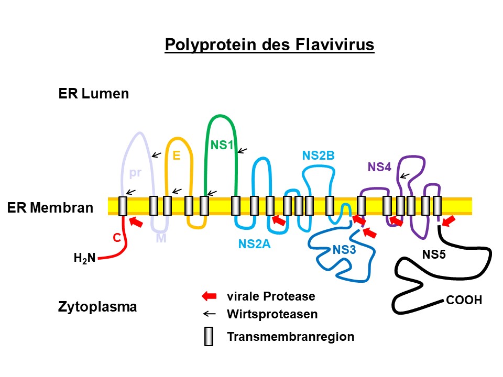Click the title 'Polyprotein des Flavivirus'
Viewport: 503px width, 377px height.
tap(270, 45)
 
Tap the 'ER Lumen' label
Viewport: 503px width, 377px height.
tap(94, 94)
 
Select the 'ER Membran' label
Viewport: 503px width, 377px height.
tap(50, 208)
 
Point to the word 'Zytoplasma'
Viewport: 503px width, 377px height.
tap(97, 306)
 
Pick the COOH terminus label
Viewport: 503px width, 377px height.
tap(464, 301)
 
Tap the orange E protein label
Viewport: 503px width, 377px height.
tap(177, 156)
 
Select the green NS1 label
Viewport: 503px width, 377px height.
tap(222, 145)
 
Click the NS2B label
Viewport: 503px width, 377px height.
tap(318, 156)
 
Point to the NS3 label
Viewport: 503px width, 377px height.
tap(344, 250)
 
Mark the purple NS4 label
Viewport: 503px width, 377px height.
tap(379, 168)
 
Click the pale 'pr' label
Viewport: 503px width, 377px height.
tap(135, 173)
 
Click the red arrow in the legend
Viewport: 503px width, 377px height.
tap(209, 297)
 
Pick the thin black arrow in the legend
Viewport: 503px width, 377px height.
tap(209, 314)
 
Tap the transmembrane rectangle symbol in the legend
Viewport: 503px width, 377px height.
tap(209, 336)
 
